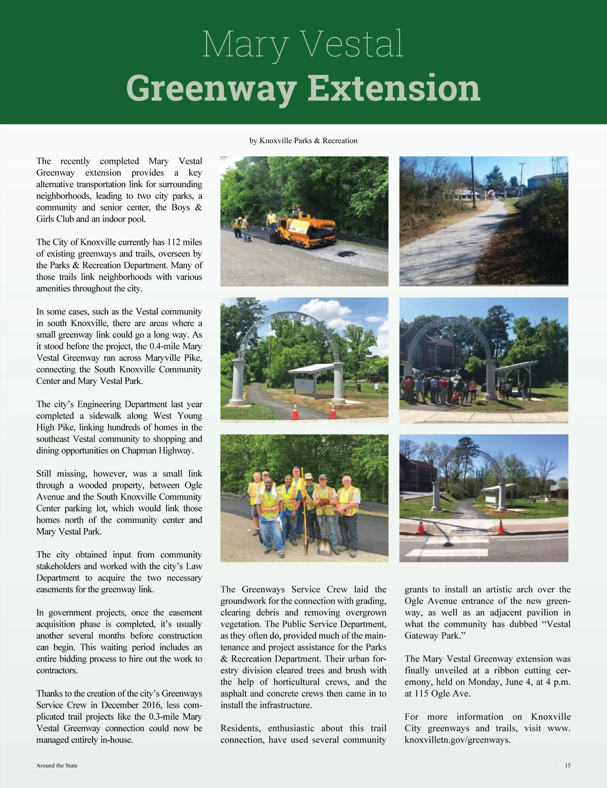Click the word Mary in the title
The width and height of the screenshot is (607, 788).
pos(243,45)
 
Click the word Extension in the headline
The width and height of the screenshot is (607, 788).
pos(394,88)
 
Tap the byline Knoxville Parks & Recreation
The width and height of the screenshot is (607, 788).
pos(309,141)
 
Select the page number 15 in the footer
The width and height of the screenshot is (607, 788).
pos(568,765)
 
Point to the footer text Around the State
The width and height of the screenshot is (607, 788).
pos(57,765)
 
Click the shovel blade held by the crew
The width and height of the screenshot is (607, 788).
pos(324,546)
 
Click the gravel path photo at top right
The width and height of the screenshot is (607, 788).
pos(484,221)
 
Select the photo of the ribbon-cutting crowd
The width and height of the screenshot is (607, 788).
pos(484,360)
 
